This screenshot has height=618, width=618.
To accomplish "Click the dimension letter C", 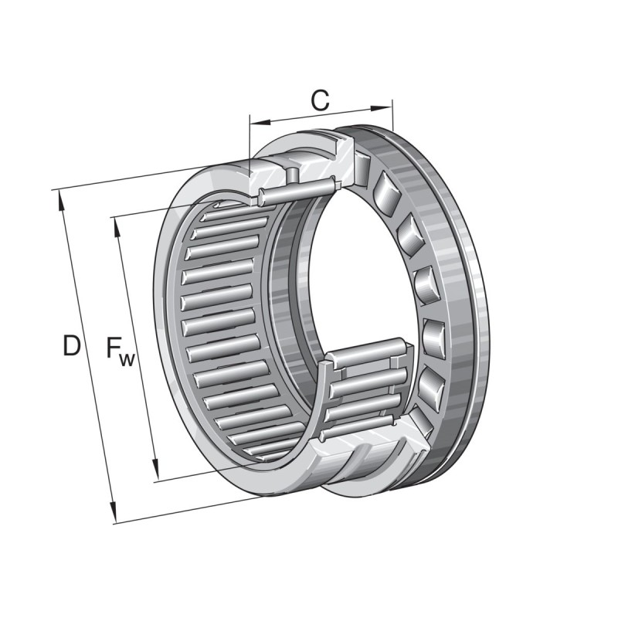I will tap(320, 100).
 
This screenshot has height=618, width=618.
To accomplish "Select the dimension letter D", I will tap(71, 346).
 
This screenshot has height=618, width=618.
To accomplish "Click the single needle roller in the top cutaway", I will tap(297, 190).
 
